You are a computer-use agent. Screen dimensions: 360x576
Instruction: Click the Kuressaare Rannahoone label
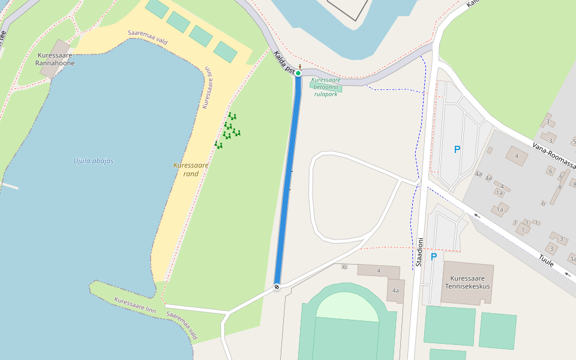55,58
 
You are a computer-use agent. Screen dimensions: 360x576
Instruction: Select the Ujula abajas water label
93,161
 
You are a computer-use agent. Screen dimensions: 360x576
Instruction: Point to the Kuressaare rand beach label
191,169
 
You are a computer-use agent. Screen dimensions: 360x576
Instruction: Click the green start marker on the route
298,73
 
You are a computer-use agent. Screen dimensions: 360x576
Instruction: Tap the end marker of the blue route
277,286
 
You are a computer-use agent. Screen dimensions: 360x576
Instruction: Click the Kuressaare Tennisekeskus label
468,282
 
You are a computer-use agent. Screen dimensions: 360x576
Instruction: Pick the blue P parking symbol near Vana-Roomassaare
457,149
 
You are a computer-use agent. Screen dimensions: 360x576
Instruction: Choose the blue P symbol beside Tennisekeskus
433,257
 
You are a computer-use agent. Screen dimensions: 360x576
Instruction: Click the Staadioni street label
420,252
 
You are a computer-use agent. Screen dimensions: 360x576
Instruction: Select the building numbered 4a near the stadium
395,290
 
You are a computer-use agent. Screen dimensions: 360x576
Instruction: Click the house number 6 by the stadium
344,266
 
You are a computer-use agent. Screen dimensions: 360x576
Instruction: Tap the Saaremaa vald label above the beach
146,37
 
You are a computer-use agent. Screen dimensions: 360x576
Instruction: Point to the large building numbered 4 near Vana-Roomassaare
516,156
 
